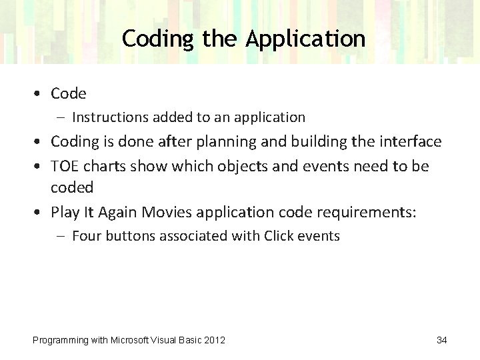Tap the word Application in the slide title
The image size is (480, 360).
tap(305, 39)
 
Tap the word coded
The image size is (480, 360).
tap(72, 188)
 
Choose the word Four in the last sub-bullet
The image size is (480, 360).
tap(86, 235)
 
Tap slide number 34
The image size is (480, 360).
tap(441, 340)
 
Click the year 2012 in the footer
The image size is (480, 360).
tap(214, 341)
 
